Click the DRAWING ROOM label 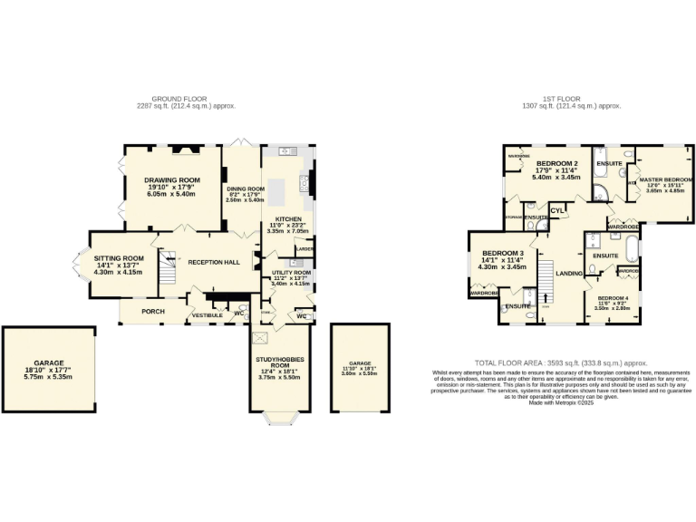click(171, 180)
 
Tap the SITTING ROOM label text click(121, 257)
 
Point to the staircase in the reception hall click(167, 265)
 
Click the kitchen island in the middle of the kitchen click(281, 190)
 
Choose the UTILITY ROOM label click(291, 272)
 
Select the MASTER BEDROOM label click(666, 179)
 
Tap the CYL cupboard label click(557, 213)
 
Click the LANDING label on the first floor click(569, 273)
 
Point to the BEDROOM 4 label click(612, 298)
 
